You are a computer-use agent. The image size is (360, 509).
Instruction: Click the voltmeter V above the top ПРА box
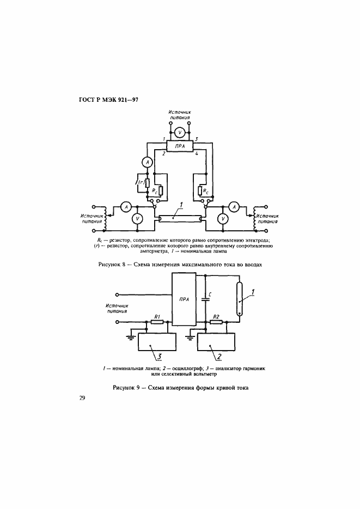[x=180, y=132]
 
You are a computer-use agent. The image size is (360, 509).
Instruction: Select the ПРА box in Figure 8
[x=180, y=146]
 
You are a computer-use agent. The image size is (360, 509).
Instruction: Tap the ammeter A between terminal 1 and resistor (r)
[x=148, y=162]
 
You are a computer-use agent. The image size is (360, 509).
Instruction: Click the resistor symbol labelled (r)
[x=148, y=183]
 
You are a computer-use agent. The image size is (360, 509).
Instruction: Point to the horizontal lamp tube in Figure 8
[x=180, y=219]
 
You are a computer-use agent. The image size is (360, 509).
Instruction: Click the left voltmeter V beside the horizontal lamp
[x=137, y=219]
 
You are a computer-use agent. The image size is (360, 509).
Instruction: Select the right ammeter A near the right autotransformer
[x=234, y=206]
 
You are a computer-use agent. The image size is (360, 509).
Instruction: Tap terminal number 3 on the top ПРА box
[x=197, y=139]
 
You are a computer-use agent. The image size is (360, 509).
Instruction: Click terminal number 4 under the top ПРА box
[x=197, y=154]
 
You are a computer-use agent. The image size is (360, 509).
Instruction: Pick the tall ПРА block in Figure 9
[x=184, y=299]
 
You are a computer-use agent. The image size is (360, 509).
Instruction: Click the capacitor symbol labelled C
[x=205, y=299]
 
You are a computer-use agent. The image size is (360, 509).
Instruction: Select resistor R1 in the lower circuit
[x=157, y=322]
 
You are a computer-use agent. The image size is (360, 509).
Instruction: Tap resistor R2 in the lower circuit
[x=216, y=322]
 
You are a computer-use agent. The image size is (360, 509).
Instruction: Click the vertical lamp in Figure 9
[x=239, y=299]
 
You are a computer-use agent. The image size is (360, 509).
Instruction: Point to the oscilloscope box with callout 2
[x=216, y=342]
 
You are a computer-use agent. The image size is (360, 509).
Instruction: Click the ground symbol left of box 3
[x=131, y=336]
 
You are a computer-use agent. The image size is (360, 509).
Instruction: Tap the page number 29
[x=82, y=398]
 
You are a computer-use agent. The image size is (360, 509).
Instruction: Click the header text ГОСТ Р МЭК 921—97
[x=109, y=100]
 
